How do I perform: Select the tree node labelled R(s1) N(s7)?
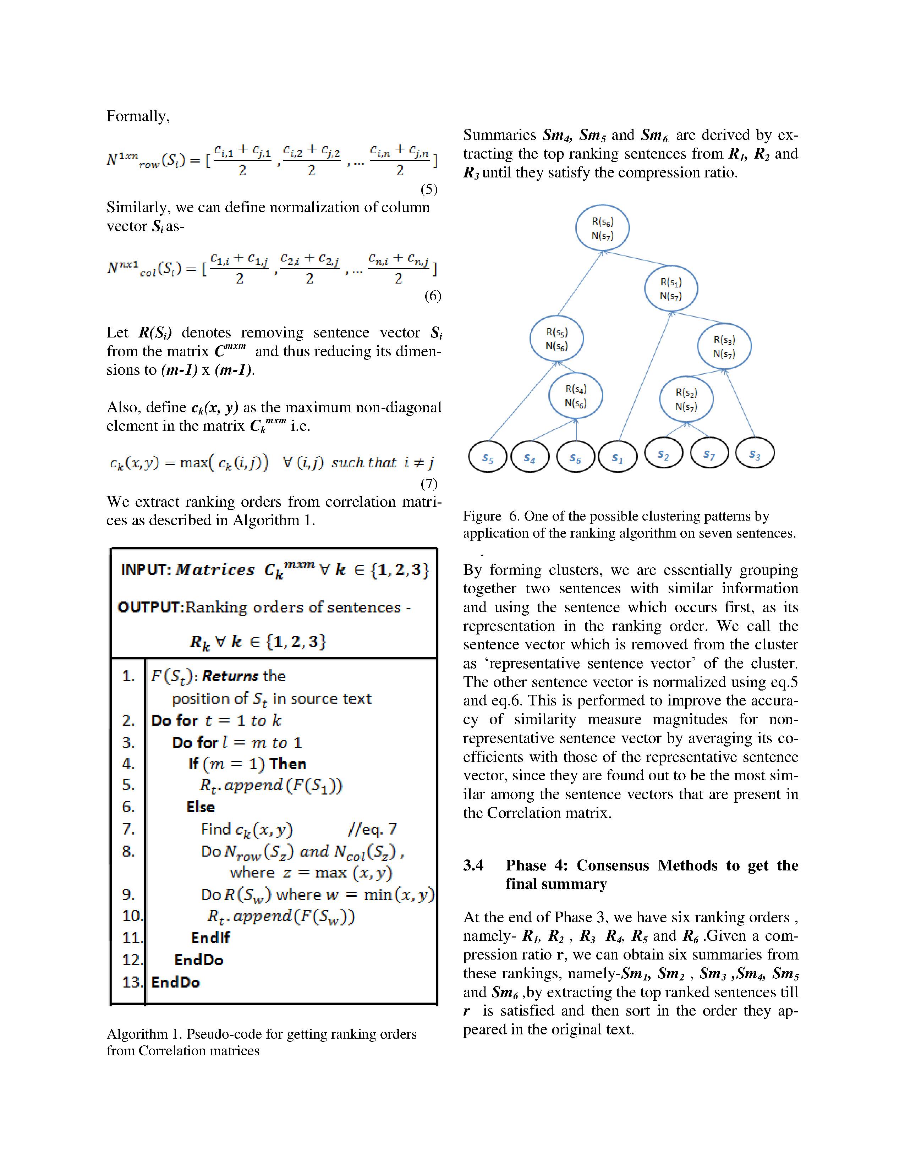pos(671,289)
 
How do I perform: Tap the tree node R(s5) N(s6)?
pos(556,339)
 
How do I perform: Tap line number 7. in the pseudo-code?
pos(129,830)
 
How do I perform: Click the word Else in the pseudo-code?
pos(201,807)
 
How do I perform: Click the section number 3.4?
pos(473,865)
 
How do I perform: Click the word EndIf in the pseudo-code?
pos(210,938)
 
